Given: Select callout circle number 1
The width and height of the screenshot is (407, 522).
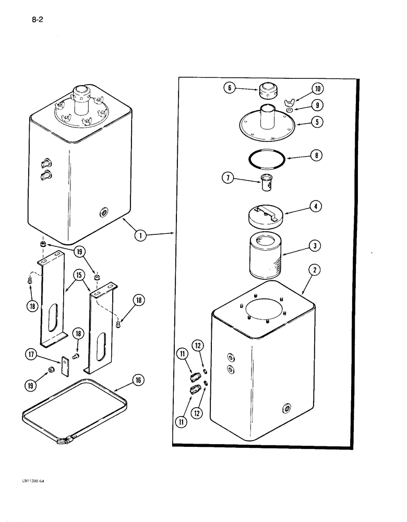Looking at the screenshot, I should [139, 235].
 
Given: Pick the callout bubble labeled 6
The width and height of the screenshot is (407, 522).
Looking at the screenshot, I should [229, 88].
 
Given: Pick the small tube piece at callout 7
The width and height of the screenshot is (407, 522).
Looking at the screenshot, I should [267, 183].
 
